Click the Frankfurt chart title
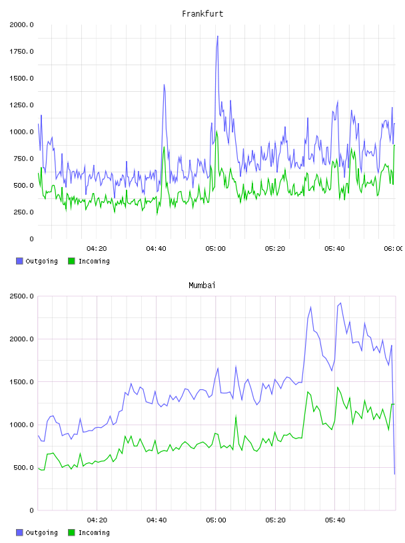tap(202, 14)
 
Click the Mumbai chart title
tap(202, 285)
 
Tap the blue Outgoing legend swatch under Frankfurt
tap(19, 261)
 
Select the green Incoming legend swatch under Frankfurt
tap(71, 261)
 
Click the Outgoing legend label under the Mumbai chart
tap(41, 532)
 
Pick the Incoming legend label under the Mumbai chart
tap(94, 532)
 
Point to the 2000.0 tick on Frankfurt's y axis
tap(21, 25)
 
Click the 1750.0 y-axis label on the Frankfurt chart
tap(21, 52)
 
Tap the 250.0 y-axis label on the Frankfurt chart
tap(23, 212)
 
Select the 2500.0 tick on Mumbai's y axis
tap(21, 296)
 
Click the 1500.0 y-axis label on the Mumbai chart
tap(21, 381)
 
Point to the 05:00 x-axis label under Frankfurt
tap(215, 249)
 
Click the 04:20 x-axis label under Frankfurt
tap(97, 249)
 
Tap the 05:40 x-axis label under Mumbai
tap(335, 520)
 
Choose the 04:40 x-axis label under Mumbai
tap(157, 520)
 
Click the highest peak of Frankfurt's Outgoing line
tap(217, 36)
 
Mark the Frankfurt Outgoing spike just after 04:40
tap(164, 85)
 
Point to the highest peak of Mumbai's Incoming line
tap(338, 387)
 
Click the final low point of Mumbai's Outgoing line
tap(394, 474)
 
